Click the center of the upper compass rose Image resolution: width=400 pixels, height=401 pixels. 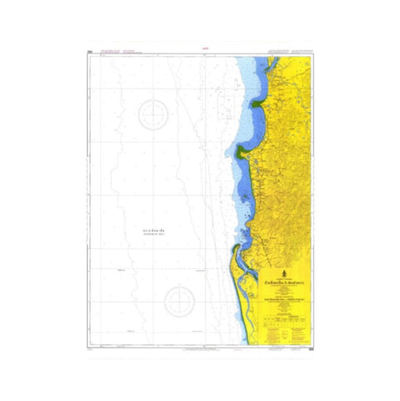tap(153, 114)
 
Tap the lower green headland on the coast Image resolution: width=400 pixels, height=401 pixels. tap(241, 151)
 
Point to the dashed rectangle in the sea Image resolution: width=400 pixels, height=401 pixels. tap(224, 104)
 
